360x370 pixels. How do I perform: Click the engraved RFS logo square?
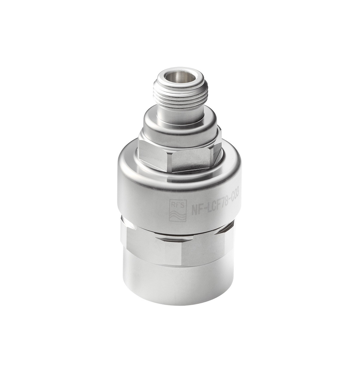point(178,211)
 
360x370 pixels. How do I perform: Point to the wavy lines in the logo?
point(178,216)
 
